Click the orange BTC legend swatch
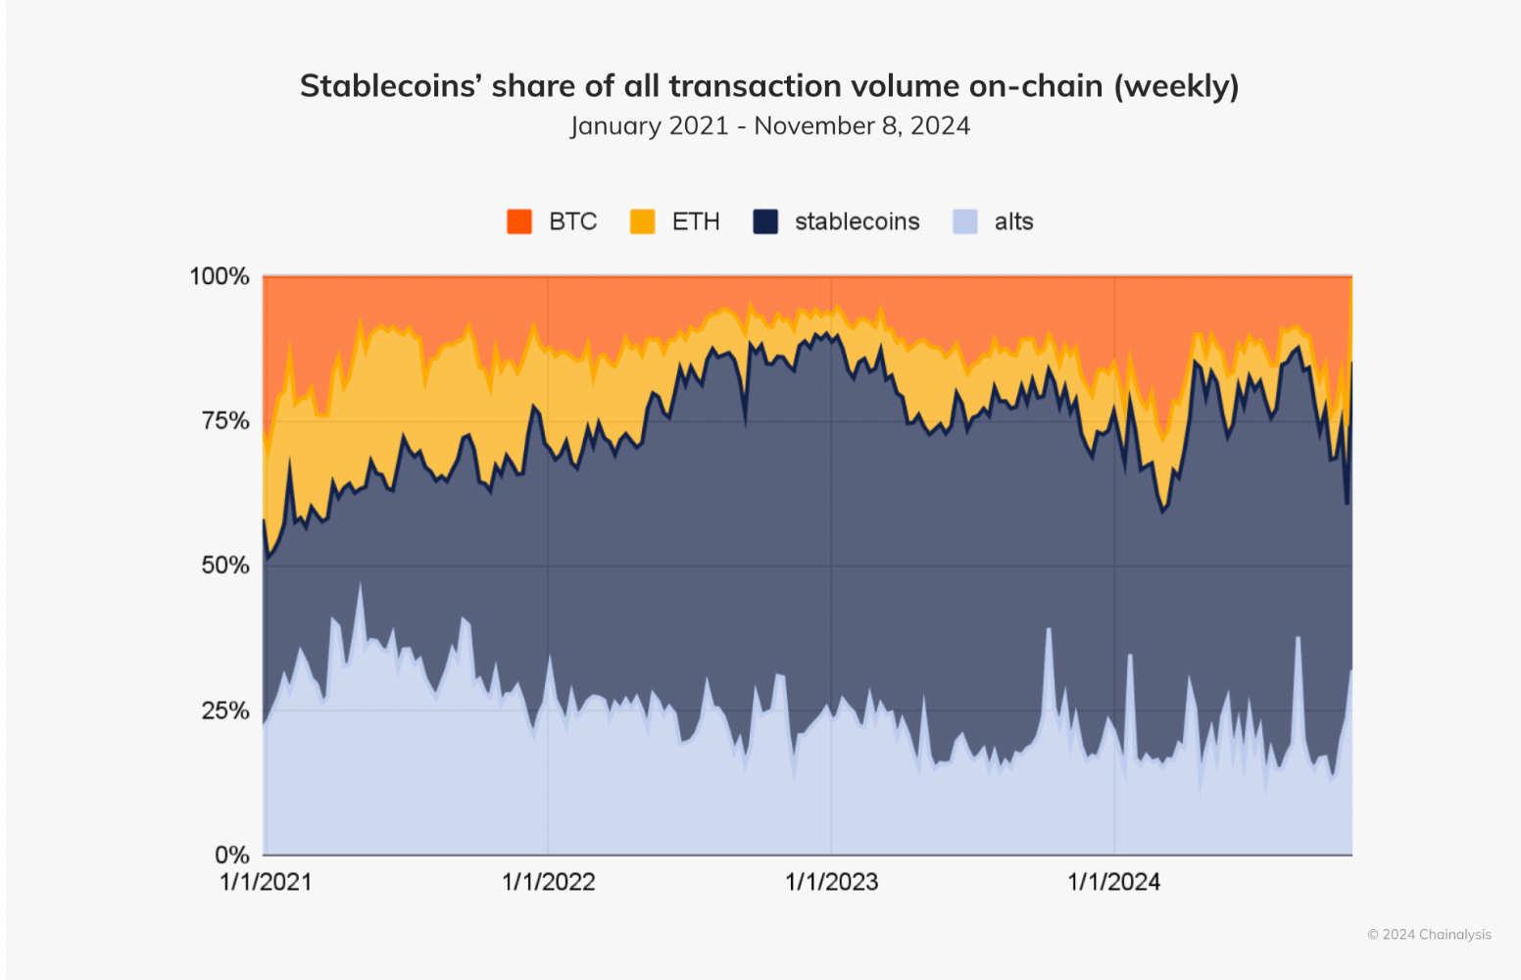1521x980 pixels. (519, 221)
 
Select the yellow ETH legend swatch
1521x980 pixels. (642, 221)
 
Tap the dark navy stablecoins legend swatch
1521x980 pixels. (765, 221)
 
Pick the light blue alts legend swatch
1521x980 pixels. (965, 221)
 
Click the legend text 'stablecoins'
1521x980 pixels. (857, 221)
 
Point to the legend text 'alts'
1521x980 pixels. (1013, 221)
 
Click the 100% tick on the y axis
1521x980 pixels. (220, 276)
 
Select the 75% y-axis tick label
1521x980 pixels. (225, 420)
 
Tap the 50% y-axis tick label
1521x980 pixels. (225, 565)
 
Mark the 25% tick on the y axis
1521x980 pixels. (225, 710)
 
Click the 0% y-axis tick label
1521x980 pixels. (232, 855)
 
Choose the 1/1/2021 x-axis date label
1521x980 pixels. (266, 882)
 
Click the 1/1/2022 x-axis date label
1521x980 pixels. (549, 882)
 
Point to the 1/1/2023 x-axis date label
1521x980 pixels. (832, 882)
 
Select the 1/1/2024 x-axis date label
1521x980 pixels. (1114, 882)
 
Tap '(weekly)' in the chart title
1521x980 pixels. (1176, 86)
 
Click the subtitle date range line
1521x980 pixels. (770, 126)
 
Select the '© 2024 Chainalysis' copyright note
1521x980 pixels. (1429, 935)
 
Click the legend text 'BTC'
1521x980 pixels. (572, 221)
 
